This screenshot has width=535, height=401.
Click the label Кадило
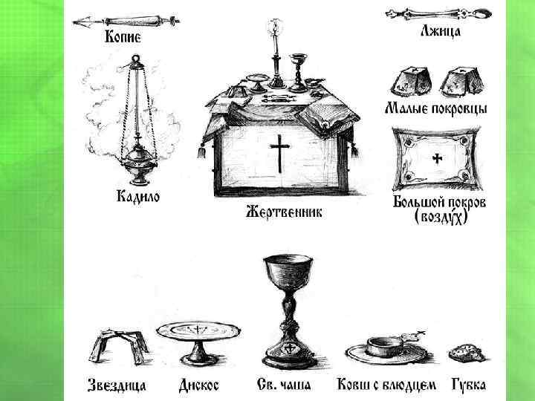137,198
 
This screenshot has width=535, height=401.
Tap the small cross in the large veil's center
437,159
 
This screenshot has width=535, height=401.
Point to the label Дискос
200,385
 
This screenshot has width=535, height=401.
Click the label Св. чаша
285,385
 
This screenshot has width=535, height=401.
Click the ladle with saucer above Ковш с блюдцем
386,348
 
